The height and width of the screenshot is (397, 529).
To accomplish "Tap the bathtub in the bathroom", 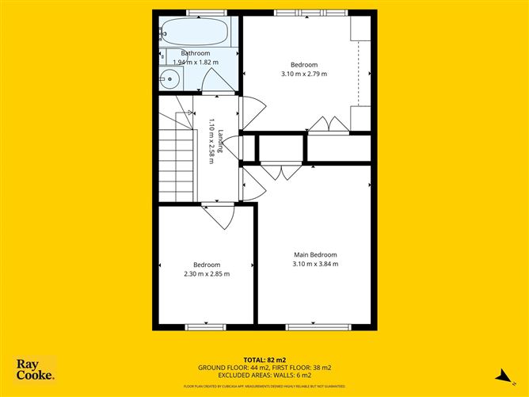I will point(195,32).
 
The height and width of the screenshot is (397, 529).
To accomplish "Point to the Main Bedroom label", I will point(315,254).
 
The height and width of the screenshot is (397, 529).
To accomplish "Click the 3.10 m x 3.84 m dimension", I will point(315,264).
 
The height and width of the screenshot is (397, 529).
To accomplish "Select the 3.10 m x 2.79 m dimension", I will point(304,74).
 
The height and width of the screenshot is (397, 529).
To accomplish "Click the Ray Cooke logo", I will point(36,369).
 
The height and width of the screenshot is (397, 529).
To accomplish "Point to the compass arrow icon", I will point(501,375).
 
